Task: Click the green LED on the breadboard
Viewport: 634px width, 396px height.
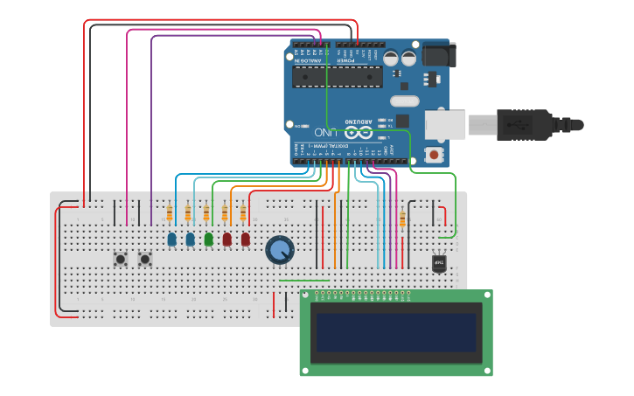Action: pyautogui.click(x=208, y=239)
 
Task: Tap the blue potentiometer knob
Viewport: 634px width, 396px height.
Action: pyautogui.click(x=279, y=250)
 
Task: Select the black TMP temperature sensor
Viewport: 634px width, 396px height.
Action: pyautogui.click(x=439, y=263)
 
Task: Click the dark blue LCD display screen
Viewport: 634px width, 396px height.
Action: pyautogui.click(x=395, y=332)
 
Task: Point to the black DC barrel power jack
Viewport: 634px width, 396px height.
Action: pyautogui.click(x=437, y=55)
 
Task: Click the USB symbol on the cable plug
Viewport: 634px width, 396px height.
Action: pyautogui.click(x=521, y=124)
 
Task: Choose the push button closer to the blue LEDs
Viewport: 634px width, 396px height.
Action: pyautogui.click(x=145, y=259)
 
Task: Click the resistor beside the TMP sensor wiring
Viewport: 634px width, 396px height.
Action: pyautogui.click(x=402, y=219)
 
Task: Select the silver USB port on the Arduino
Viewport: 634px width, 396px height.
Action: pyautogui.click(x=445, y=124)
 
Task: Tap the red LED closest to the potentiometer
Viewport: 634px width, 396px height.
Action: pyautogui.click(x=245, y=239)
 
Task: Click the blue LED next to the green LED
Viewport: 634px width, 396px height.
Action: pyautogui.click(x=190, y=239)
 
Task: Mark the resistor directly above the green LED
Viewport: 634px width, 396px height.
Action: pyautogui.click(x=206, y=213)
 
